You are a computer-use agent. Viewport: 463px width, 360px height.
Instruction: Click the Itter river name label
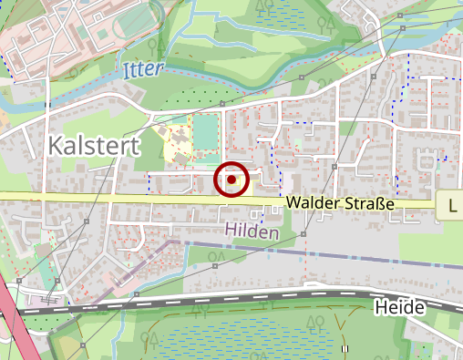142,69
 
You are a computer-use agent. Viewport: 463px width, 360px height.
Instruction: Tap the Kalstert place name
91,146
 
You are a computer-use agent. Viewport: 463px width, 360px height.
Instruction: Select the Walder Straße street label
339,204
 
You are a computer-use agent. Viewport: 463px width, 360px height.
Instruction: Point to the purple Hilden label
251,233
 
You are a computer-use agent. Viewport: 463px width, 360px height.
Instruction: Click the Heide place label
399,308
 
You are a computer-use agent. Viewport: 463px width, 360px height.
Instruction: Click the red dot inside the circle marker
231,180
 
